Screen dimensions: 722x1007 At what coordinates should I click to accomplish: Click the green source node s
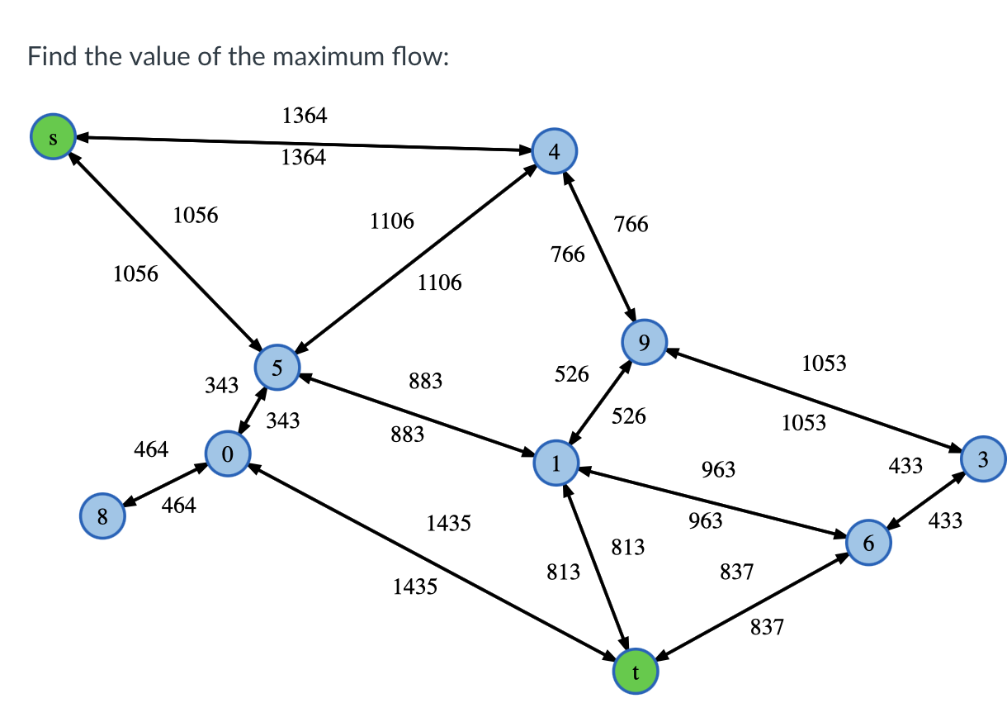tap(53, 137)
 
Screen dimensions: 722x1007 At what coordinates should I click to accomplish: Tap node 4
tap(555, 152)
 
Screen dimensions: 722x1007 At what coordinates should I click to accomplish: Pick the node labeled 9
tap(645, 342)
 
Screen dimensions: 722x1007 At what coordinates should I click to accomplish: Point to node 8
tap(102, 517)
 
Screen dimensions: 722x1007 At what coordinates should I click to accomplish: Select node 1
tap(556, 463)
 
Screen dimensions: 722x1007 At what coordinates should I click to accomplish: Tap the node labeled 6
tap(868, 543)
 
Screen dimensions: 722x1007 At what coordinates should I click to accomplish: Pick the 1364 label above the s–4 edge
tap(304, 116)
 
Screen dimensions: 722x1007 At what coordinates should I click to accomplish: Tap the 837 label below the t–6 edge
tap(767, 628)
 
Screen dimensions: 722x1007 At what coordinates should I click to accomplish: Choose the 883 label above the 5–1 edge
tap(426, 381)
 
